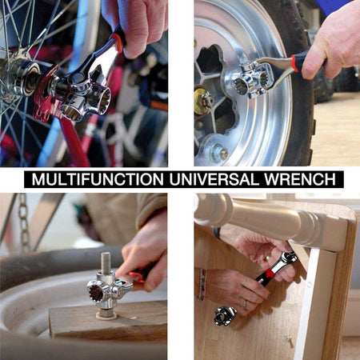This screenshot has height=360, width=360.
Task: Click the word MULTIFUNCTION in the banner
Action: [x=98, y=179]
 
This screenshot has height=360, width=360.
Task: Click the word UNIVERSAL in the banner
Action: [x=214, y=179]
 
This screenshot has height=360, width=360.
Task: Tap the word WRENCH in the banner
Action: [x=300, y=179]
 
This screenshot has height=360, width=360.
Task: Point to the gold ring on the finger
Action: [x=267, y=258]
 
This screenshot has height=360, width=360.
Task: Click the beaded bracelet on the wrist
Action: [x=202, y=284]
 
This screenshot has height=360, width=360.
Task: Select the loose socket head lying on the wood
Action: [x=225, y=316]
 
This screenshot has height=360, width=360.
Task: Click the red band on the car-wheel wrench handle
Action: [x=295, y=63]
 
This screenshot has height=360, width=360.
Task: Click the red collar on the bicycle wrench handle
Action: [x=118, y=42]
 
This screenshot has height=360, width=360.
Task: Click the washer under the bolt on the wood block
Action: [x=106, y=315]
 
